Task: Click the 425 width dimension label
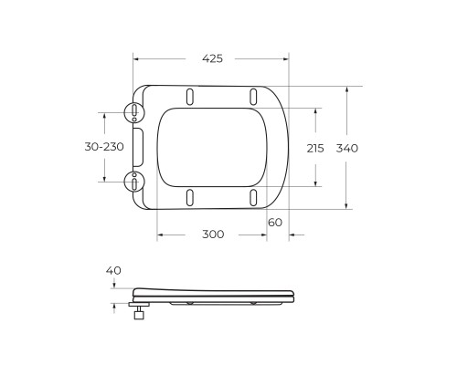click(x=211, y=58)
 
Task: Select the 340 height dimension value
click(x=348, y=148)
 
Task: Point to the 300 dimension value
click(x=212, y=235)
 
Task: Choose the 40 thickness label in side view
click(x=113, y=270)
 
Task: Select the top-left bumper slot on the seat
click(x=189, y=97)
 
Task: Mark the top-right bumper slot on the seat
click(x=251, y=97)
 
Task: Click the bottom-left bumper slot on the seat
click(x=189, y=197)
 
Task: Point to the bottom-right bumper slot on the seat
click(x=251, y=197)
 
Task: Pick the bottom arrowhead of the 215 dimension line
click(x=316, y=184)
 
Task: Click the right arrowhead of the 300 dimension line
click(x=264, y=235)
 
